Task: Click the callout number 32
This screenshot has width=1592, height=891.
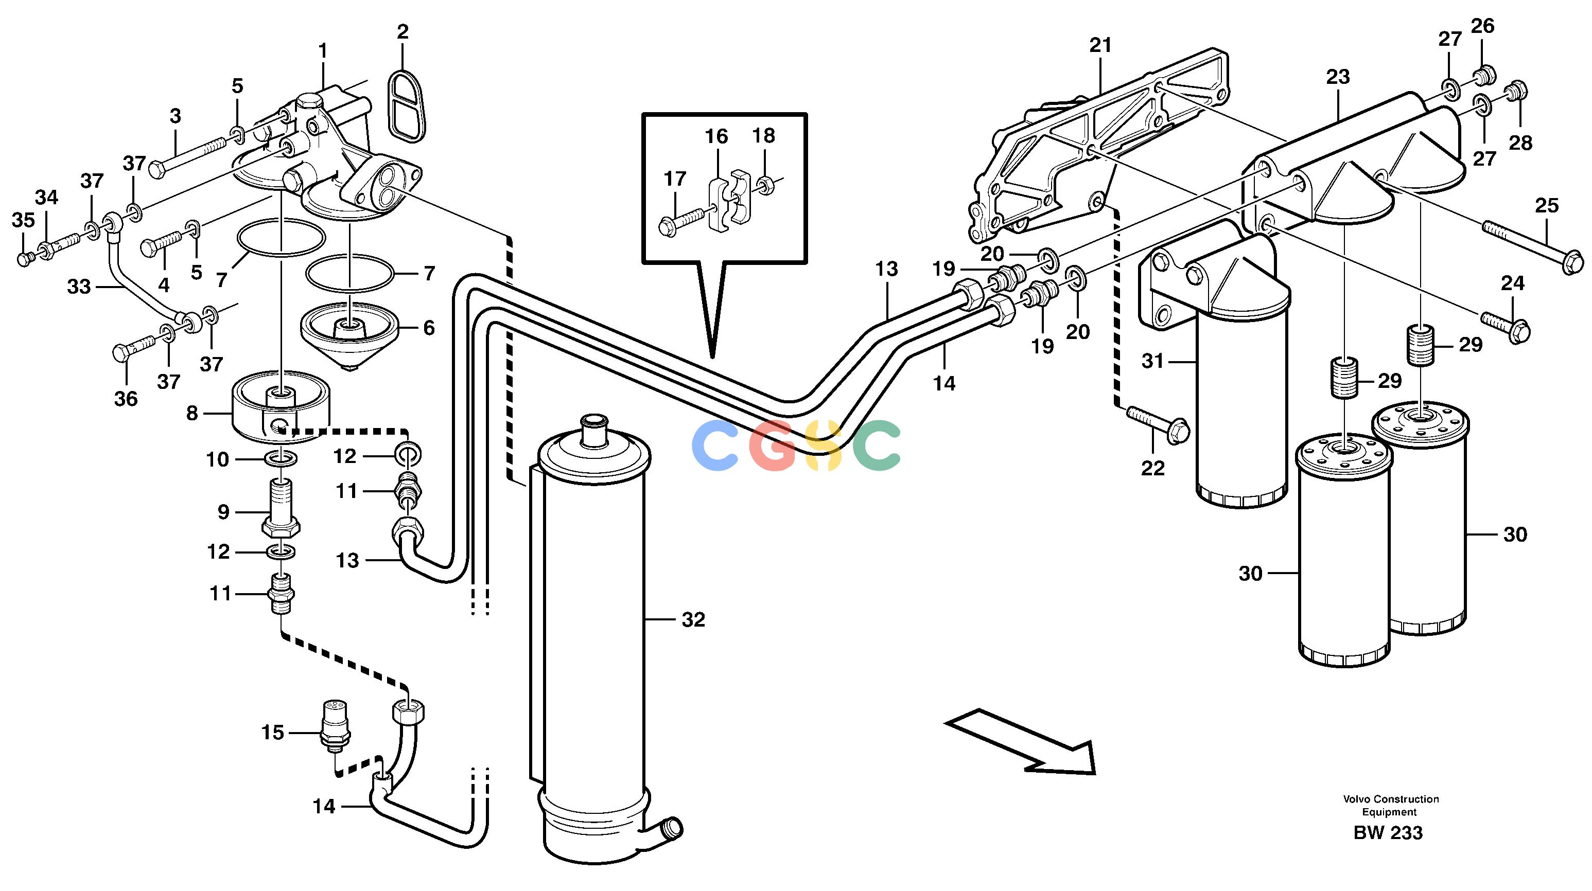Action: point(693,620)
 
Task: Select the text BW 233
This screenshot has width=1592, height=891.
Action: point(1388,833)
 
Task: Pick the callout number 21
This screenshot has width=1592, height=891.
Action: point(1100,45)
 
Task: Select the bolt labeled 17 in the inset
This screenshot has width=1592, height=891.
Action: point(683,221)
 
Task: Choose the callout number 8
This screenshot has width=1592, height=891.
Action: point(192,414)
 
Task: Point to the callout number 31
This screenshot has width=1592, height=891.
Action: point(1152,360)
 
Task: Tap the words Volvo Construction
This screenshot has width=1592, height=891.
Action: point(1391,799)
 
